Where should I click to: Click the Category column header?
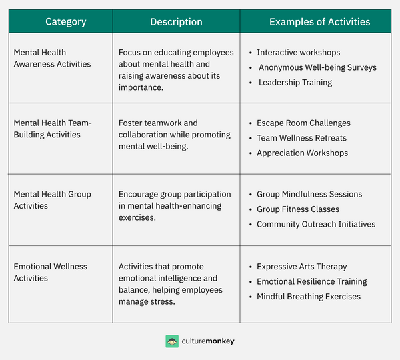tap(65, 22)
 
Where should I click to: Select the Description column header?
tap(176, 22)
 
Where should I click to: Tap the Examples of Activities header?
tap(319, 22)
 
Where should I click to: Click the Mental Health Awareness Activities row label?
tap(52, 58)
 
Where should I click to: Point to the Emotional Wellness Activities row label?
tap(50, 272)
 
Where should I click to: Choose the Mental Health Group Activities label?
tap(52, 200)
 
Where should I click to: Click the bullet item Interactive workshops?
tap(298, 52)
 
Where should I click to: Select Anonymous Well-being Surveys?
tap(317, 67)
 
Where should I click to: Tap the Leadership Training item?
tap(295, 83)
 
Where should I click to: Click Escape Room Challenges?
tap(303, 123)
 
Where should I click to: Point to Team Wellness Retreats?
tap(301, 138)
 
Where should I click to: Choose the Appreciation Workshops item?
tap(302, 153)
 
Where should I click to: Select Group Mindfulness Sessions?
tap(309, 194)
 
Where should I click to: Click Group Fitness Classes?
tap(297, 209)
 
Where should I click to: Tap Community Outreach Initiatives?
tap(316, 224)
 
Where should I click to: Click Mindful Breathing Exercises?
tap(308, 297)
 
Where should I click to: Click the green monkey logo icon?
tap(172, 341)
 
